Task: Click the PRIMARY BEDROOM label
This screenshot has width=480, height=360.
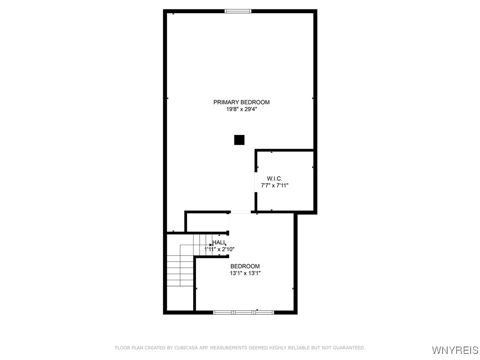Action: tap(241, 102)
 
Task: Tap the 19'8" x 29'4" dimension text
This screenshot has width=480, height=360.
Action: tap(241, 109)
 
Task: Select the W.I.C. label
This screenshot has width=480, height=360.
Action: tap(274, 179)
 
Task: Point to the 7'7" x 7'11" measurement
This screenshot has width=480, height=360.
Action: tap(274, 185)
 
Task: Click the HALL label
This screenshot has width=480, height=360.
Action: tap(219, 242)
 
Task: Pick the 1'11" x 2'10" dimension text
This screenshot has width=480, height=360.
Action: tap(219, 249)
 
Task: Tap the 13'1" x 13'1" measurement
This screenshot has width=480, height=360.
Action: tap(245, 273)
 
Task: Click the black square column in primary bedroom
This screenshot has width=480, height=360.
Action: tap(240, 140)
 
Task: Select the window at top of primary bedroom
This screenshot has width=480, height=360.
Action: tap(238, 11)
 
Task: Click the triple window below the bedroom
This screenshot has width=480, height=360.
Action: tap(244, 312)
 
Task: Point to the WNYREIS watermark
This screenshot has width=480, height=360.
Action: tap(455, 350)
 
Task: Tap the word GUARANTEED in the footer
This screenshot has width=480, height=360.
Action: tap(348, 348)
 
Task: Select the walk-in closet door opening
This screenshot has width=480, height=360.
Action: tap(255, 182)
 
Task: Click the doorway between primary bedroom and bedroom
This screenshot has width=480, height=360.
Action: tap(240, 212)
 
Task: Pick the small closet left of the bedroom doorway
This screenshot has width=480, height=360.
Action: tap(207, 222)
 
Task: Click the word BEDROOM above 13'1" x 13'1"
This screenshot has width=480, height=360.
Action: tap(245, 266)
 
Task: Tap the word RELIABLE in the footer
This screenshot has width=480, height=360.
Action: tap(299, 348)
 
